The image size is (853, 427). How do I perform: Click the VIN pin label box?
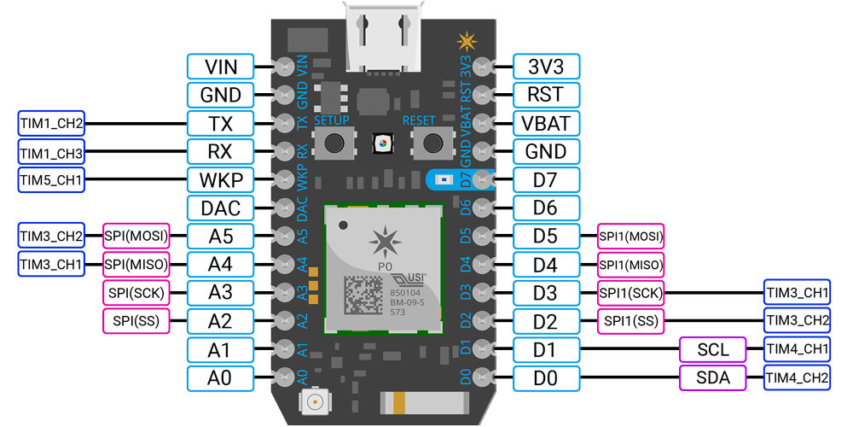point(220,67)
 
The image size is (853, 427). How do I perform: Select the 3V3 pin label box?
point(547,67)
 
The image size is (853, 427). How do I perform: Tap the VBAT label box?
point(547,123)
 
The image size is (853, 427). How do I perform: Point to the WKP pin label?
point(220,179)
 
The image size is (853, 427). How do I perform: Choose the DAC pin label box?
point(220,208)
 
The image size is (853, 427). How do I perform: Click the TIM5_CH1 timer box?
point(50,179)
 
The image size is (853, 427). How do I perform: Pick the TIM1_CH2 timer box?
point(50,123)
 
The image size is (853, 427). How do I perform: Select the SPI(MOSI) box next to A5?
point(136,236)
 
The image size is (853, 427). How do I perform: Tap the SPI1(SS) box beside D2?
point(630,320)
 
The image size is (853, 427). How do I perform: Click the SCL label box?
point(712,349)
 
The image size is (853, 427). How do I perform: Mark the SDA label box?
point(712,377)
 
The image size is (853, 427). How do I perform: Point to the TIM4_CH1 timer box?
point(798,349)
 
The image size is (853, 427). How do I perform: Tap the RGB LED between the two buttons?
point(382,143)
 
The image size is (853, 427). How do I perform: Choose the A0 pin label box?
point(220,377)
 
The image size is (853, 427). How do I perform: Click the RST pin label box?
point(547,95)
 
